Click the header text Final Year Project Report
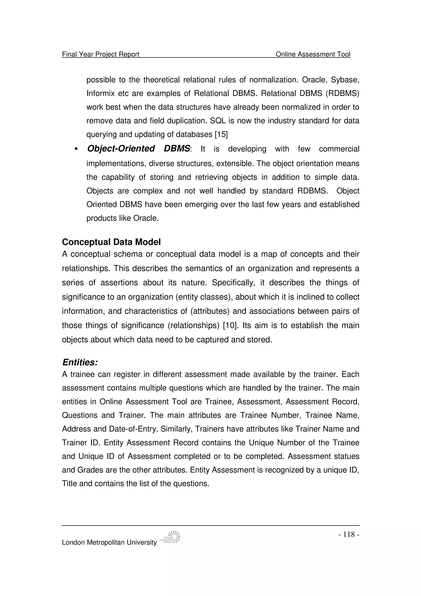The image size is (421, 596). pos(101,54)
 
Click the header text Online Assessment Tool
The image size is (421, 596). pos(313,54)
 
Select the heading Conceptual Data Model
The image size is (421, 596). pos(111,242)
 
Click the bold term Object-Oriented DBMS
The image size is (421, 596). pos(139,149)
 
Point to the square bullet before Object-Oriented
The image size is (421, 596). pos(76,149)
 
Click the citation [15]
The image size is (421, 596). pos(221,135)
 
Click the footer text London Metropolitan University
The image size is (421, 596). pos(109,543)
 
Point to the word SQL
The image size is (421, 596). pos(218,121)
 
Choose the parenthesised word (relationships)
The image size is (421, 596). pos(193,325)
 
